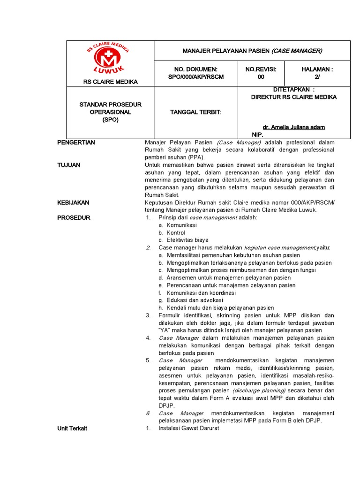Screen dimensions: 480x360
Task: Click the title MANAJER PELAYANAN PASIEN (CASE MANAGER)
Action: (x=252, y=51)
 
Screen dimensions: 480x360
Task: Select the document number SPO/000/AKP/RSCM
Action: (x=195, y=77)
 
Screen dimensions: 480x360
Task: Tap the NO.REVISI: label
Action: (x=261, y=69)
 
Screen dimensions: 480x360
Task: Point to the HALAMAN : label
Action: (x=317, y=69)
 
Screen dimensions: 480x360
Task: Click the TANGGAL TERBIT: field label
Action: (x=195, y=112)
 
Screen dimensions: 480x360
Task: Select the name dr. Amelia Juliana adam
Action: (x=293, y=127)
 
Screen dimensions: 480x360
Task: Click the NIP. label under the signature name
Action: (x=258, y=135)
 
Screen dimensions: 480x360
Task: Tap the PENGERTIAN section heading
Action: (x=76, y=142)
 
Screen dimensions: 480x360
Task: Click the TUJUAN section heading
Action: (x=68, y=165)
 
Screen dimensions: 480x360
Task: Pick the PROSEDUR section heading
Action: (x=74, y=217)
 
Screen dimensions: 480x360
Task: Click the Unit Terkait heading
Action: (x=72, y=428)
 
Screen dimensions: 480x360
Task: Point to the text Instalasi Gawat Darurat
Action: (x=188, y=428)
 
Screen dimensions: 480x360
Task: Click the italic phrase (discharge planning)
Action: (x=259, y=390)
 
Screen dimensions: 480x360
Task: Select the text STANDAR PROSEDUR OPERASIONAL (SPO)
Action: (x=111, y=112)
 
